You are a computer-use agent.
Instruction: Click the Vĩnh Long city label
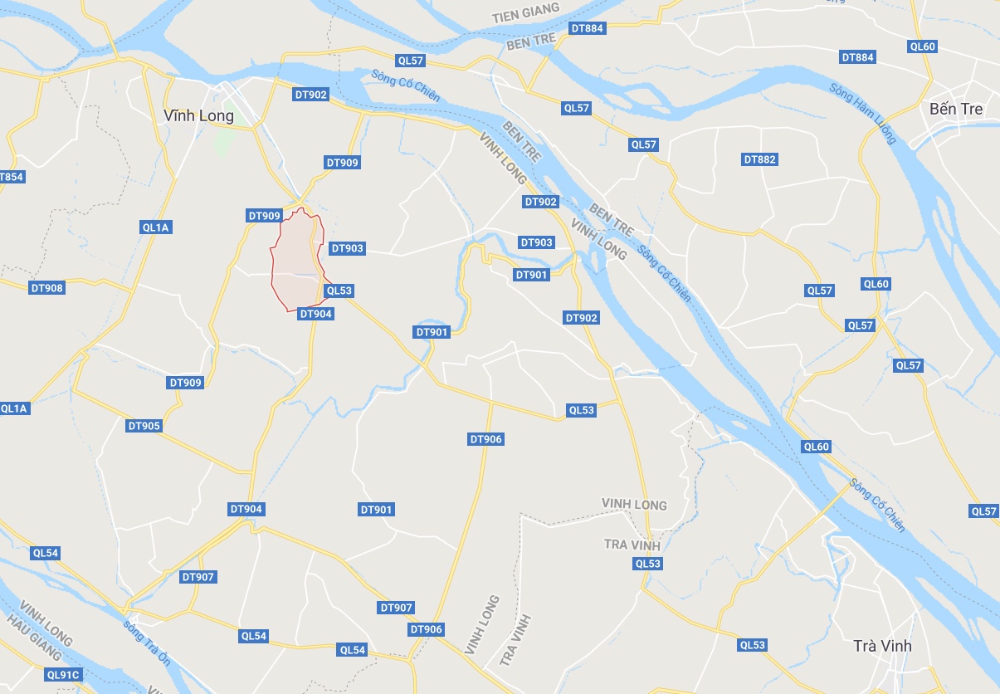pos(199,115)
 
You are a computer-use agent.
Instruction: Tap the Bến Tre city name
pos(955,109)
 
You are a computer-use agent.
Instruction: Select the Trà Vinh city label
pos(883,645)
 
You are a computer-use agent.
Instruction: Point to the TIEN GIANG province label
pos(525,17)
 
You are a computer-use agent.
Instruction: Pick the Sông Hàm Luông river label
pos(863,114)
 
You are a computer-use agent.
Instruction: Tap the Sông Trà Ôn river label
pos(146,638)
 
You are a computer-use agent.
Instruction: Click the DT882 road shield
pos(760,159)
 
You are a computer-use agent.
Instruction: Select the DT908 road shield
pos(46,288)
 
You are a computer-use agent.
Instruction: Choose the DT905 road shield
pos(144,426)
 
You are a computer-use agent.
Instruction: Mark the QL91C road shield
pos(62,675)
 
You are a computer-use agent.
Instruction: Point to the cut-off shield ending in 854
pos(12,177)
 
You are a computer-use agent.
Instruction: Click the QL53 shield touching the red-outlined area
pos(339,291)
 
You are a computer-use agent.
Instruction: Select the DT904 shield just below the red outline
pos(315,313)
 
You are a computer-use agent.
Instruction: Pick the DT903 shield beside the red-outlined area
pos(347,248)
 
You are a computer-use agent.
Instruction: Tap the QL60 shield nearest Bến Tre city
pos(922,47)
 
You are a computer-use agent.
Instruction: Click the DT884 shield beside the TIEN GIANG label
pos(588,28)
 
